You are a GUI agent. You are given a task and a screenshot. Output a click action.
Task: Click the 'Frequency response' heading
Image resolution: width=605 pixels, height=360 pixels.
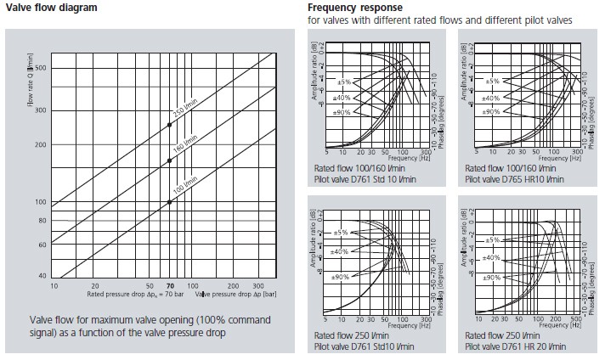pos(349,8)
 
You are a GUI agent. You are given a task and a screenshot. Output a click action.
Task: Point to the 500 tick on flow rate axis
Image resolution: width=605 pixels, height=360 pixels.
pos(40,68)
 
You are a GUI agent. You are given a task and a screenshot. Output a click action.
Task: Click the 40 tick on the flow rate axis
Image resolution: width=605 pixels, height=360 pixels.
pos(42,277)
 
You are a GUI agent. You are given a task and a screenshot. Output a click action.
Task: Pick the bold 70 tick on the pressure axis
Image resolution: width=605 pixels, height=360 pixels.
pos(170,287)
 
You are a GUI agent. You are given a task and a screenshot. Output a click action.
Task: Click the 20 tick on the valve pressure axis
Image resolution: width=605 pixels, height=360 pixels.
pos(95,287)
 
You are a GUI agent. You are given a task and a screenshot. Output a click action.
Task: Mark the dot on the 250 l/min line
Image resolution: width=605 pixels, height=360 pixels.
pos(169,125)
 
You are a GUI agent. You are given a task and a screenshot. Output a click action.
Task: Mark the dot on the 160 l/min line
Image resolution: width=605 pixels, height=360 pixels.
pos(169,163)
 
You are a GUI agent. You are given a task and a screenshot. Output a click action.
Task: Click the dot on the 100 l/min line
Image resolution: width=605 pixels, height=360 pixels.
pos(169,202)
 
